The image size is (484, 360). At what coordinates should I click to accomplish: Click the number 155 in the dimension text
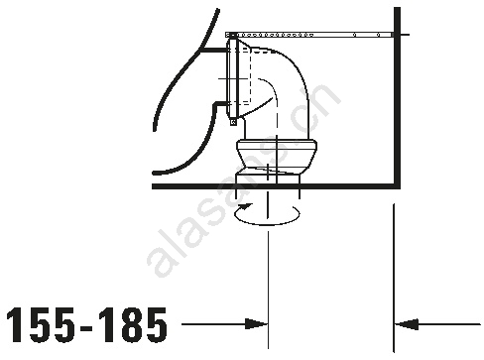pos(42,324)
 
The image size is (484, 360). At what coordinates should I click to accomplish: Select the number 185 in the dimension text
pos(133,324)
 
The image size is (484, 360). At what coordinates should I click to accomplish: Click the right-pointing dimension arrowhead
pos(256,324)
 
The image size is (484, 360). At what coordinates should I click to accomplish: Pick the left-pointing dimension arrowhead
pos(407,324)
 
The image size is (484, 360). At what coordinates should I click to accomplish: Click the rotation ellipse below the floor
pos(267,224)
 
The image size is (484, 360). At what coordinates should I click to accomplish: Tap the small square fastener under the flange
pos(233,122)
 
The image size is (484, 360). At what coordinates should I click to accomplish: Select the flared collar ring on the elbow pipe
pos(277,145)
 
